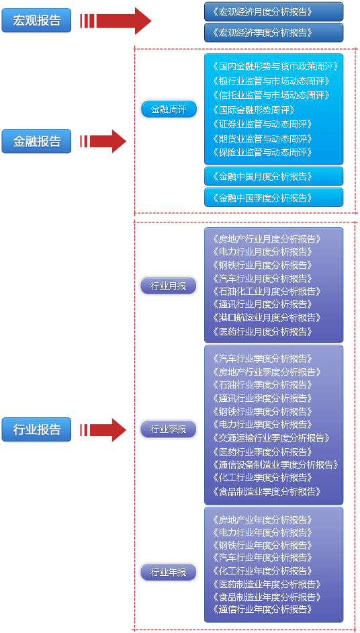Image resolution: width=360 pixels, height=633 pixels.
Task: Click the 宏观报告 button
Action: click(36, 21)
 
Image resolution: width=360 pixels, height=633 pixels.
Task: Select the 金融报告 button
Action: click(36, 141)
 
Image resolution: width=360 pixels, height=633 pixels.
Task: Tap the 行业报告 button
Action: click(36, 429)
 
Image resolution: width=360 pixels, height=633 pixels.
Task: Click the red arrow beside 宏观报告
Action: click(116, 21)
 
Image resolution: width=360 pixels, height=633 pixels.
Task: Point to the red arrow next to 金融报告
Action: click(103, 141)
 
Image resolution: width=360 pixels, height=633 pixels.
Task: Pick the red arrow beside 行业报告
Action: click(103, 430)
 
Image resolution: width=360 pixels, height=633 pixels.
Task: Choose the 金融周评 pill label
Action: click(169, 110)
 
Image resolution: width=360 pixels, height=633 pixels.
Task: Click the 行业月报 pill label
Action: click(169, 286)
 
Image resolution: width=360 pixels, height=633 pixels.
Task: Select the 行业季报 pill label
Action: click(169, 429)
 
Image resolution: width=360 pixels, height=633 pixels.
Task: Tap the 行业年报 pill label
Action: click(169, 573)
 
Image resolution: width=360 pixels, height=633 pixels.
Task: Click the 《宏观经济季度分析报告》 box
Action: click(273, 33)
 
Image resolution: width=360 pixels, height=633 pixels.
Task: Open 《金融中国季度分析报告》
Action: click(273, 198)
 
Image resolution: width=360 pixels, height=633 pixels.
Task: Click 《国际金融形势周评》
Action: click(253, 110)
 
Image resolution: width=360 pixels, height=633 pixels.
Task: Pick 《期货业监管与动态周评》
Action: click(263, 139)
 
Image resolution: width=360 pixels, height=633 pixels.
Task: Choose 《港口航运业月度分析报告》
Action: click(267, 318)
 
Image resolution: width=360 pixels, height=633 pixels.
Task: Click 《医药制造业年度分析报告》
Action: click(267, 584)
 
